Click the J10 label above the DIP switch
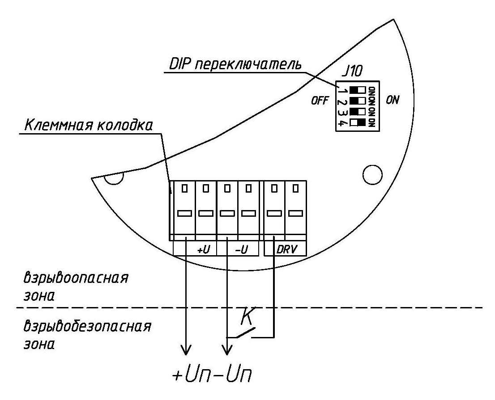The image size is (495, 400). (352, 71)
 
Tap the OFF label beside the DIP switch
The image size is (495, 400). (320, 101)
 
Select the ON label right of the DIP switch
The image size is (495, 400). (393, 100)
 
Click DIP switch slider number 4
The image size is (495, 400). (357, 122)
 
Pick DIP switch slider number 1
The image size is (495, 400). (357, 90)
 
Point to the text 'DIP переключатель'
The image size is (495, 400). (235, 65)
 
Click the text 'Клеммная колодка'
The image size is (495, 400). (89, 125)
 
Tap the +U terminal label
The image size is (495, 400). (203, 250)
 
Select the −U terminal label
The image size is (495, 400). (242, 250)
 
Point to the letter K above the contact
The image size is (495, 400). (246, 316)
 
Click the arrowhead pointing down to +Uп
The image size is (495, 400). (186, 349)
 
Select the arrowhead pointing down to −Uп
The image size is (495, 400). (227, 349)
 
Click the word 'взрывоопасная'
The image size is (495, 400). (76, 278)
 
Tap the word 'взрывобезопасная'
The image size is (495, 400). (87, 327)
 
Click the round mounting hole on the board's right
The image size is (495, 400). (372, 174)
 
